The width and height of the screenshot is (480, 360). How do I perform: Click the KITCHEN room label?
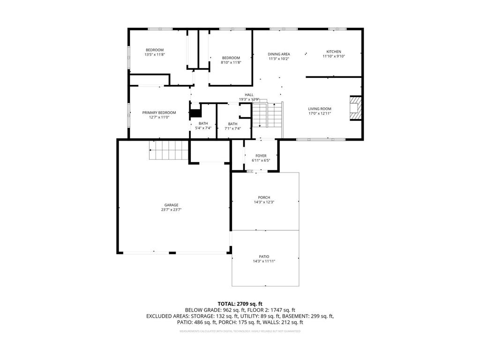(334, 52)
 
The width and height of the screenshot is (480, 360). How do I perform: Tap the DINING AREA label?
(278, 54)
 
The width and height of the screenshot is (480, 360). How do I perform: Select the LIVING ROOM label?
(320, 109)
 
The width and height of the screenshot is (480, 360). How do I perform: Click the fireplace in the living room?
(356, 109)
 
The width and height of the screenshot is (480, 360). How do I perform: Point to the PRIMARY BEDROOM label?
(159, 112)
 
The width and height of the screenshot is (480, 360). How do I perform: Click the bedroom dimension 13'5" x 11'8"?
(154, 55)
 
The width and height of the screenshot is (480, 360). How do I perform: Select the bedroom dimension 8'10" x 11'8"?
(231, 62)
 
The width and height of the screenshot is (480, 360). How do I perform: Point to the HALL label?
(249, 95)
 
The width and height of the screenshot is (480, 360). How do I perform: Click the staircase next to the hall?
(268, 115)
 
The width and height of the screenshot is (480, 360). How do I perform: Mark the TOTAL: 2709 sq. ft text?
(240, 304)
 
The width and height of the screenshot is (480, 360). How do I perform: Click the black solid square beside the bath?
(195, 113)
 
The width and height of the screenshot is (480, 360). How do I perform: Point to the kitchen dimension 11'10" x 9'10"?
(334, 56)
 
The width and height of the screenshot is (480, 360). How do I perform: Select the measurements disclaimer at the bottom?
(240, 331)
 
